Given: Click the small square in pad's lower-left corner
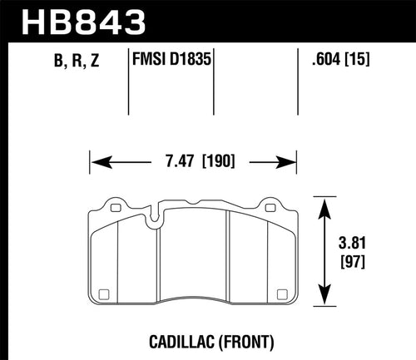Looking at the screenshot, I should pos(103,293).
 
